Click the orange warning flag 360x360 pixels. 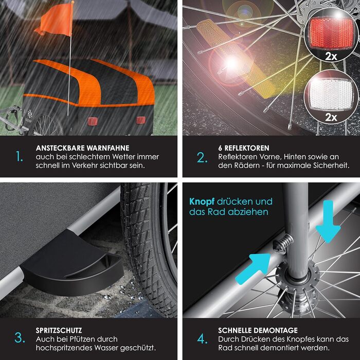55,20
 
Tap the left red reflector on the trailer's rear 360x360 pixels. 92,121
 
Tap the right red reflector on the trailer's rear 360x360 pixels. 140,120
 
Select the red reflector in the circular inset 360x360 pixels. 331,33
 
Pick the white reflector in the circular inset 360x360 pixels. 331,94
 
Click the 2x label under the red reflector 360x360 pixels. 331,56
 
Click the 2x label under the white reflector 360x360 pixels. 331,117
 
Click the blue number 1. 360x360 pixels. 20,156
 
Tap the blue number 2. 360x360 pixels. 202,158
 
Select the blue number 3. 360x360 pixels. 20,338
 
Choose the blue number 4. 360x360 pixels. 202,339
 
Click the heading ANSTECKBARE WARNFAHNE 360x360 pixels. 82,148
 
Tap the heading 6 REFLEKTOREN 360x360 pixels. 244,148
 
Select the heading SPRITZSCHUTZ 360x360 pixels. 59,330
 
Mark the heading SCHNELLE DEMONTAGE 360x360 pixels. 258,330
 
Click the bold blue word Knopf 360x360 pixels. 202,202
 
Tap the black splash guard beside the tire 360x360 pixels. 71,264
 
